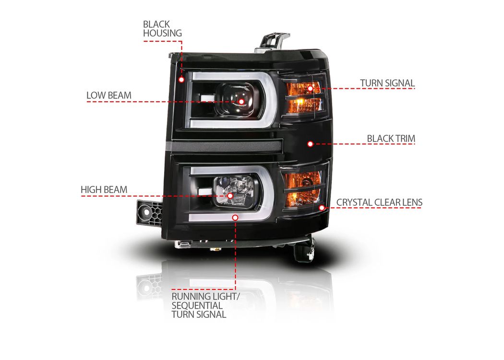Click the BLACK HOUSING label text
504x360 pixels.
(162, 29)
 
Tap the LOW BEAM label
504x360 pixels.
(109, 95)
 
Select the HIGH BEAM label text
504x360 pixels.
(104, 190)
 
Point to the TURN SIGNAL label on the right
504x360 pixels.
(387, 83)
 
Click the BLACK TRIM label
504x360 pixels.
(391, 139)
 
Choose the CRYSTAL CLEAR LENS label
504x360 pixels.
(379, 203)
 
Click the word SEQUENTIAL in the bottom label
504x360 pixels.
(197, 305)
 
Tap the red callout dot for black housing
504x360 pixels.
(181, 79)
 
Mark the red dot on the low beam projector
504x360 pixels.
(241, 102)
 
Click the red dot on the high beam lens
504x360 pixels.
(230, 195)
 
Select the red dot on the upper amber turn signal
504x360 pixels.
(310, 88)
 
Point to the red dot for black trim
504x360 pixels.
(310, 144)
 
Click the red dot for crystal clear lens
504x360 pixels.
(322, 208)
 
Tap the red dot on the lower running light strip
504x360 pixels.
(235, 217)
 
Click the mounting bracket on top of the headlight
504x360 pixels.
(272, 41)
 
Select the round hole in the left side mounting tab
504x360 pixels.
(146, 212)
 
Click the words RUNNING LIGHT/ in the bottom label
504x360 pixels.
(205, 296)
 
